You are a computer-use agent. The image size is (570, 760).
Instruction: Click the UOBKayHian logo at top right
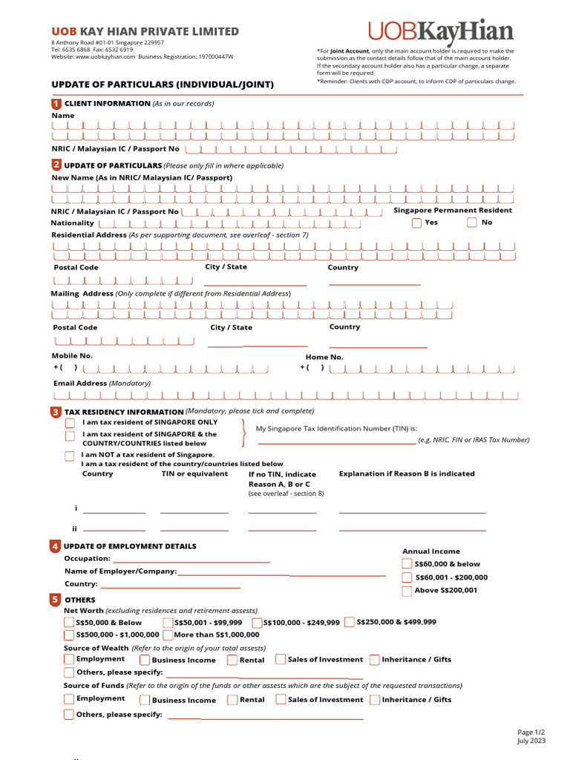point(440,33)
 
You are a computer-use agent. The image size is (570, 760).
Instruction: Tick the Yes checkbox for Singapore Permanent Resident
point(416,223)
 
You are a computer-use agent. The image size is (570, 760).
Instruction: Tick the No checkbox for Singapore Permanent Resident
point(472,223)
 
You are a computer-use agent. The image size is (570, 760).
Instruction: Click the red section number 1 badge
point(56,104)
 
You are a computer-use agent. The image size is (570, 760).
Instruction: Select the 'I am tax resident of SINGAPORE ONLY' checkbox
point(70,422)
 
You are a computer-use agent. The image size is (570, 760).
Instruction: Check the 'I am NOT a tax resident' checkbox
point(70,456)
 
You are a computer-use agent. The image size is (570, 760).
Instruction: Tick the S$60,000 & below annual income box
point(407,564)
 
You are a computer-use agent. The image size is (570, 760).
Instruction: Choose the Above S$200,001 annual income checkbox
point(407,591)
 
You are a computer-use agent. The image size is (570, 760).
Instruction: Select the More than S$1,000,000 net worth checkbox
point(168,635)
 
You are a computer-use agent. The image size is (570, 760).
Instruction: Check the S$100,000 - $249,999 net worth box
point(258,623)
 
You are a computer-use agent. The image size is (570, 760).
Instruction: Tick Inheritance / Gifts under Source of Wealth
point(375,659)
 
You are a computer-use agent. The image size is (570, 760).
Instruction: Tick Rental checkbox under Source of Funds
point(232,699)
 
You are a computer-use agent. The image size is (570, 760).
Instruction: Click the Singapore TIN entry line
point(335,442)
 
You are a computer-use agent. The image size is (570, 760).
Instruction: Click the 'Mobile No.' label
point(71,356)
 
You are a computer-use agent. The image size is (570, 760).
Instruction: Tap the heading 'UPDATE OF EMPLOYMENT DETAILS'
point(130,546)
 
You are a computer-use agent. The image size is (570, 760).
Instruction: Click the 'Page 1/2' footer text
point(531,732)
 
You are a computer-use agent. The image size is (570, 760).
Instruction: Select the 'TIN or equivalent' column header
point(194,474)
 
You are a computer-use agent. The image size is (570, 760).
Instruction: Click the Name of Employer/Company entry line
point(281,574)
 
